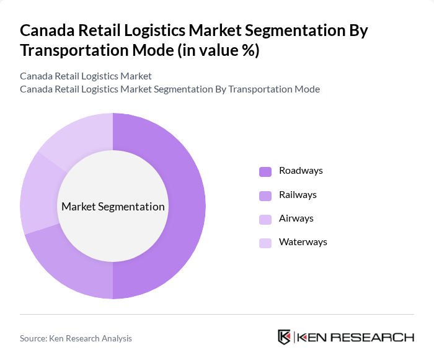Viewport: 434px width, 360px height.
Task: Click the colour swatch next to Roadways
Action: click(x=265, y=171)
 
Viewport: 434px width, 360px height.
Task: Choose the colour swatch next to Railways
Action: click(x=265, y=196)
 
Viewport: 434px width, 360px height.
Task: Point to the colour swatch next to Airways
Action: click(x=265, y=219)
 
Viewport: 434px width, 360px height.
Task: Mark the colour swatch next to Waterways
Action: click(x=265, y=243)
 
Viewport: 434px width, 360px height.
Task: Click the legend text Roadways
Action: click(x=301, y=171)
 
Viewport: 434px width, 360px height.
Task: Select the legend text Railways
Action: click(x=298, y=195)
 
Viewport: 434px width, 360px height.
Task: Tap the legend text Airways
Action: click(x=296, y=218)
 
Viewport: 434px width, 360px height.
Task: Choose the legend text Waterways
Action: click(x=303, y=242)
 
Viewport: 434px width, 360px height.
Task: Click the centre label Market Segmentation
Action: click(x=113, y=207)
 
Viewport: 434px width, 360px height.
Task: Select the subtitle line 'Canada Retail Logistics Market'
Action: click(x=86, y=76)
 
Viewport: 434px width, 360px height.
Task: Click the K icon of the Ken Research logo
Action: click(x=284, y=337)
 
